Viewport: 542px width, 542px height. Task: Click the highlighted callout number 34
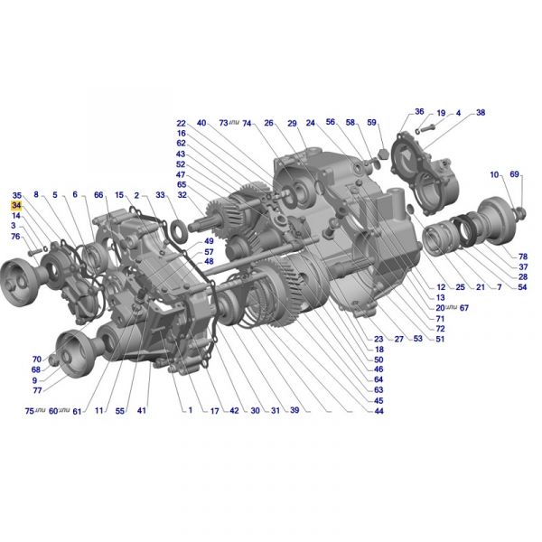(x=16, y=206)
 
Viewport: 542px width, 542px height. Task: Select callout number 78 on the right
(x=523, y=257)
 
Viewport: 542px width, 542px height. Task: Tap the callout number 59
(x=371, y=122)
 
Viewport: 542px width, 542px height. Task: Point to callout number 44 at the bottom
(x=378, y=411)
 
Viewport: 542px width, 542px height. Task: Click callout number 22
(x=182, y=124)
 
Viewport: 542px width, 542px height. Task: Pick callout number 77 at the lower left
(x=37, y=390)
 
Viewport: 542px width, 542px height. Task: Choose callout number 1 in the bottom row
(x=190, y=410)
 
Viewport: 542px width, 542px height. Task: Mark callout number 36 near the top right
(x=419, y=111)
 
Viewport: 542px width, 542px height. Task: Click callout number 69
(x=515, y=174)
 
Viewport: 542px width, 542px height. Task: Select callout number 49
(x=209, y=241)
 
